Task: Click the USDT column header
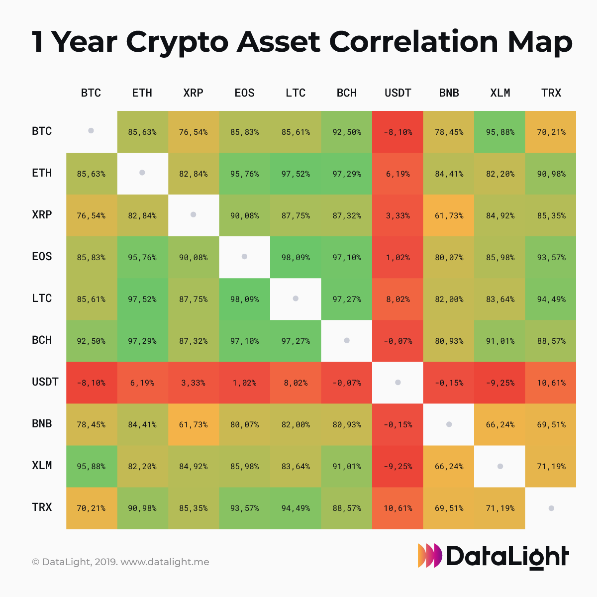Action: point(398,93)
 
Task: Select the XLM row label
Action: point(42,466)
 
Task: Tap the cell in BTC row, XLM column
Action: point(500,132)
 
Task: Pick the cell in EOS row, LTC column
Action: point(296,257)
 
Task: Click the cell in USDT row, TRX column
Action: point(551,383)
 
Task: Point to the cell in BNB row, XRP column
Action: point(193,424)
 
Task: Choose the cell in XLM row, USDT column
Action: point(398,466)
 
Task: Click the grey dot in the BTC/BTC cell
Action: point(91,131)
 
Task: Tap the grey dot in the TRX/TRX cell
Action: point(551,508)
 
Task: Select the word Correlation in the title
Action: point(413,42)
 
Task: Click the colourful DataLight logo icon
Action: point(429,555)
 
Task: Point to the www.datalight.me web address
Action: point(165,562)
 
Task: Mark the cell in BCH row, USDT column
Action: point(398,341)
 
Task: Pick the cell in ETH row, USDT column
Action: point(398,174)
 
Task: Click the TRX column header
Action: point(551,93)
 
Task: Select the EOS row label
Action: point(42,257)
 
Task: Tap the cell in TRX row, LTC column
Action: point(296,508)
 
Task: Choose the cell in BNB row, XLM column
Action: point(500,424)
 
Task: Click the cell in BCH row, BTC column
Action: point(91,341)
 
